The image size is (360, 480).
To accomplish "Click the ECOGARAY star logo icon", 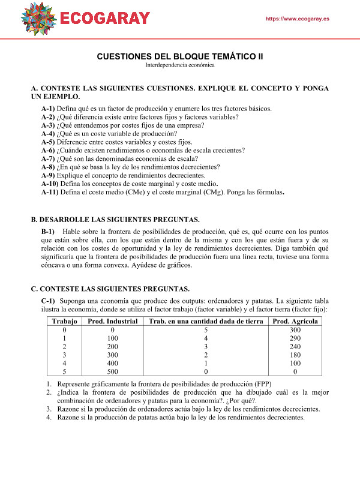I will (40, 17).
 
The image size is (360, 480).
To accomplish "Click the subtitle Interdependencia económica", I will (179, 65).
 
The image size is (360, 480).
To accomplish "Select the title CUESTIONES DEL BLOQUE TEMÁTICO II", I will (180, 56).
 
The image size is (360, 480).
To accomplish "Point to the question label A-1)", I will (49, 109).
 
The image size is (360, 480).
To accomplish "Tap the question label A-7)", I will (49, 159).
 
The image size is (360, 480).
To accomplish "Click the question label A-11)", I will (50, 193).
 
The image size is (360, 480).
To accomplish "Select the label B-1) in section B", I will (48, 231).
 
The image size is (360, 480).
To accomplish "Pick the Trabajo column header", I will (64, 322).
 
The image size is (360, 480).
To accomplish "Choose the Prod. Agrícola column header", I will (295, 322).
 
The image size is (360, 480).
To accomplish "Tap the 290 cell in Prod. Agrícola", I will (295, 338).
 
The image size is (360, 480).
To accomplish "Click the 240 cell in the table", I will (295, 347).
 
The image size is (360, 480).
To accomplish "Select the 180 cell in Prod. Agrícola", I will (295, 355).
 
